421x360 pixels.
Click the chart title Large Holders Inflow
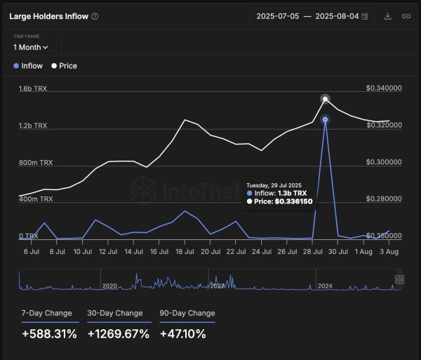coord(48,16)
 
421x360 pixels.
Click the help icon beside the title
coord(95,16)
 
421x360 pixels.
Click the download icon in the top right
coord(388,16)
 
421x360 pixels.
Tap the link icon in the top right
coord(406,16)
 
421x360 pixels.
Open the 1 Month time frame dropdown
coord(31,47)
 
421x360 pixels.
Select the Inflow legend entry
coord(28,66)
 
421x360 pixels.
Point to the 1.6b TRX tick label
coord(33,89)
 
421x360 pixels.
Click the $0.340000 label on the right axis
coord(384,89)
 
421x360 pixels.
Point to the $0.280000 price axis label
coord(384,199)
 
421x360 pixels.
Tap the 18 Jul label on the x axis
coord(185,251)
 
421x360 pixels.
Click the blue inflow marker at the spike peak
coord(325,120)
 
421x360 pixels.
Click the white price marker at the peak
coord(325,99)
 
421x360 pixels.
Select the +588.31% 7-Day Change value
coord(49,334)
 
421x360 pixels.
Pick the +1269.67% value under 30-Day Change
coord(119,334)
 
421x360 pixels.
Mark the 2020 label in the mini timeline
coord(109,286)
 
